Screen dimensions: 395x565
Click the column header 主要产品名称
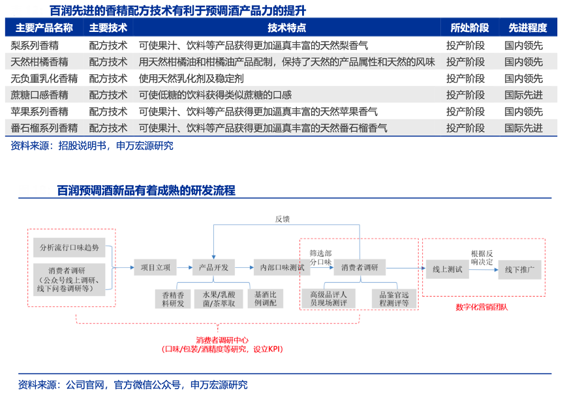pos(44,28)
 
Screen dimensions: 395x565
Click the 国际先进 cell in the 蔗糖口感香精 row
pos(523,95)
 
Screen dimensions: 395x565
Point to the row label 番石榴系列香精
pos(44,128)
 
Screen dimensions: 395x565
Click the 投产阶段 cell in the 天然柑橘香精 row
pos(465,62)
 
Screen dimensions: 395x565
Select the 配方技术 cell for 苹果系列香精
pos(108,111)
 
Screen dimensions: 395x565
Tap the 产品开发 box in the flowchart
pos(212,267)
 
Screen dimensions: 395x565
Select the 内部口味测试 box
pos(278,267)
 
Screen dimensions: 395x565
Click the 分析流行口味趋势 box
pos(70,248)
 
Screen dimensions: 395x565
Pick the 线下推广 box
pos(519,269)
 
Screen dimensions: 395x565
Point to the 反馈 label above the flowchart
pos(282,219)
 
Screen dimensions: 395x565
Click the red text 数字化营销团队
pos(481,307)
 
